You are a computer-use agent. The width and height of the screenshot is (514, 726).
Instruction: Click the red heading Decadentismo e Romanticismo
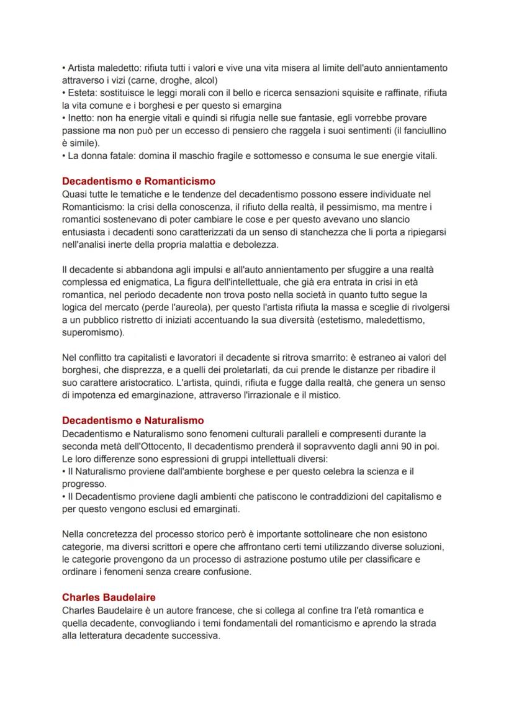click(x=138, y=181)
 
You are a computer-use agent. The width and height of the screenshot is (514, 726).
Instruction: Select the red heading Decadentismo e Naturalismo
click(x=133, y=420)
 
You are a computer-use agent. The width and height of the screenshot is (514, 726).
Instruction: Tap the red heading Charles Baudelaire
click(x=109, y=597)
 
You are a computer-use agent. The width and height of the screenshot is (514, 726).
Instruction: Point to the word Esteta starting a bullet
click(x=81, y=93)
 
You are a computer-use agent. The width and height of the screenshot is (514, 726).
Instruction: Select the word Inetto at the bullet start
click(x=81, y=118)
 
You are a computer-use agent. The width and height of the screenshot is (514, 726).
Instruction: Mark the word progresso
click(x=83, y=484)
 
